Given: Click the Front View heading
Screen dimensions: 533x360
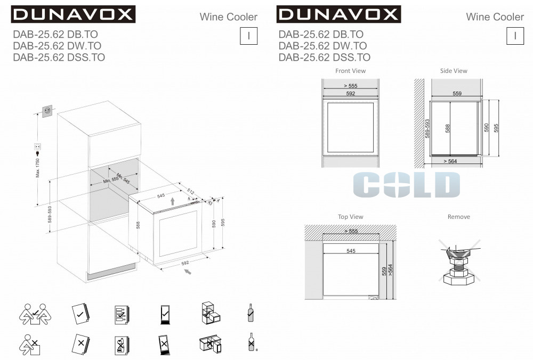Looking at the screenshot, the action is (x=351, y=71).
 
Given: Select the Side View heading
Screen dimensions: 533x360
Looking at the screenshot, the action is (x=454, y=71).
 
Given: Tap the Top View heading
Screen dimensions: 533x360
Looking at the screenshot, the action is (x=351, y=217).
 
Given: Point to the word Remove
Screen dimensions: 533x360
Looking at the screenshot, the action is (x=458, y=217).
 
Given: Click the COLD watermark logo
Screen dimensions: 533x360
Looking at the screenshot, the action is (x=407, y=184).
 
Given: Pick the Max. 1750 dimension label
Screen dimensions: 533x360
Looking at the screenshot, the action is (x=38, y=168).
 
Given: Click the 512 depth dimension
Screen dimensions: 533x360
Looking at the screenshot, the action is (x=191, y=192).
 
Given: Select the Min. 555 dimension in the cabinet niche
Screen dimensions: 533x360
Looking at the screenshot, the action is (x=111, y=179).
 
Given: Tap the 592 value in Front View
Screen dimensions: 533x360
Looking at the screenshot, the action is (x=351, y=93).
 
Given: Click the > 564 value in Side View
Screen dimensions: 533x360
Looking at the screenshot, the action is (x=450, y=161).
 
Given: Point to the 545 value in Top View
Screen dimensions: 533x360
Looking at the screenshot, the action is (x=351, y=251).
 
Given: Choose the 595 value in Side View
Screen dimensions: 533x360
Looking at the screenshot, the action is (x=496, y=128).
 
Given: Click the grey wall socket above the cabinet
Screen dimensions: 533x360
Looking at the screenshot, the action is (x=47, y=111).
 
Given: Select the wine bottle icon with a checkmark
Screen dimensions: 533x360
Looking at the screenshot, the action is (x=251, y=313).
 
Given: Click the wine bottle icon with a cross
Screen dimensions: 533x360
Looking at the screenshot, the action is (x=252, y=342).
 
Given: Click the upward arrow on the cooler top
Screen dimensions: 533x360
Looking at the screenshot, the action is (x=173, y=201).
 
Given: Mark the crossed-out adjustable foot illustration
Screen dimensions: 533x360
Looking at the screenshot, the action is (x=459, y=261).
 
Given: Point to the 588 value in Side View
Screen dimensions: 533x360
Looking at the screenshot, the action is (x=447, y=128).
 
